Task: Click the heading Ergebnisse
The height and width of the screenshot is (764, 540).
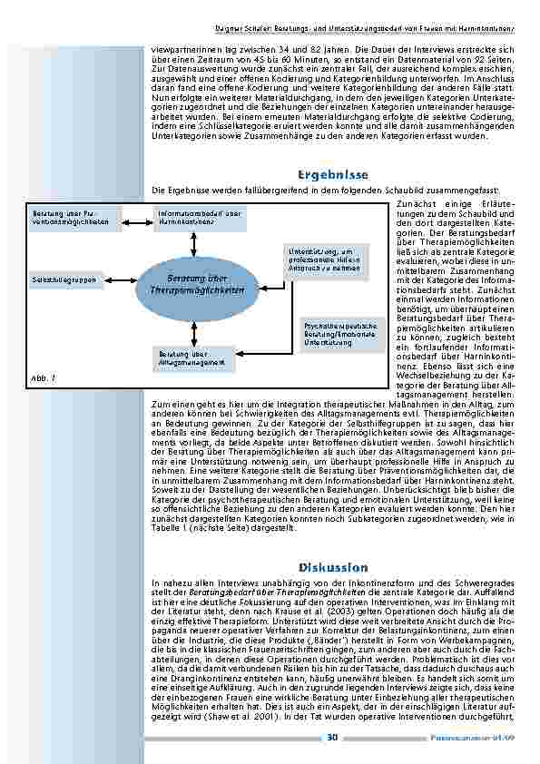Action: coord(331,174)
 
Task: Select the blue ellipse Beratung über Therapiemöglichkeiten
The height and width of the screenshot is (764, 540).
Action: coord(197,284)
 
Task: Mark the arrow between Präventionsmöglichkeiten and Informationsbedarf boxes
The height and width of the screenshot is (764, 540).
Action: coord(136,218)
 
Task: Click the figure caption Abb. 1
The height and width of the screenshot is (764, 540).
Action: coord(44,377)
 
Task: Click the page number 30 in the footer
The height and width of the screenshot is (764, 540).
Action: coord(332,737)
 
